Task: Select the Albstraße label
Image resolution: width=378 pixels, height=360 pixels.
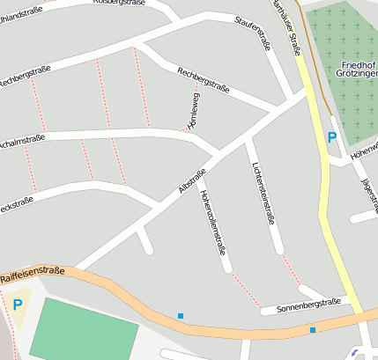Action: coord(192,180)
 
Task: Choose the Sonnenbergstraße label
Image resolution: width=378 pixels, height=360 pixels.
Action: coord(308,304)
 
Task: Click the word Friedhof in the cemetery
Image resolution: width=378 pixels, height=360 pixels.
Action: coord(356,66)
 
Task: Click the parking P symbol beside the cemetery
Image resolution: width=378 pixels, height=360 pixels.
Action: coord(331,137)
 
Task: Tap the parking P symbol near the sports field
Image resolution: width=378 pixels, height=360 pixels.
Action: coord(18,305)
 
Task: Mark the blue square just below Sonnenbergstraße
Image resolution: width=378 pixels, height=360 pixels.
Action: coord(313,330)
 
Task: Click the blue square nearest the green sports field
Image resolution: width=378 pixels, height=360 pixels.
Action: coord(181,315)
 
